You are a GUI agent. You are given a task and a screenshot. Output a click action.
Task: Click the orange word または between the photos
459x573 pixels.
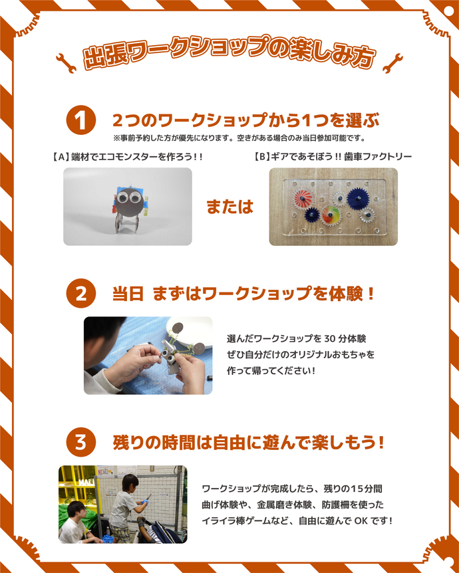230,207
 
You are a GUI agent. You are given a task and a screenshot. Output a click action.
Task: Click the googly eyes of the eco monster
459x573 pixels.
128,196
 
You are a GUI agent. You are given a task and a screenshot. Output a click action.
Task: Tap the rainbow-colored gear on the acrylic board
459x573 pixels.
331,215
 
